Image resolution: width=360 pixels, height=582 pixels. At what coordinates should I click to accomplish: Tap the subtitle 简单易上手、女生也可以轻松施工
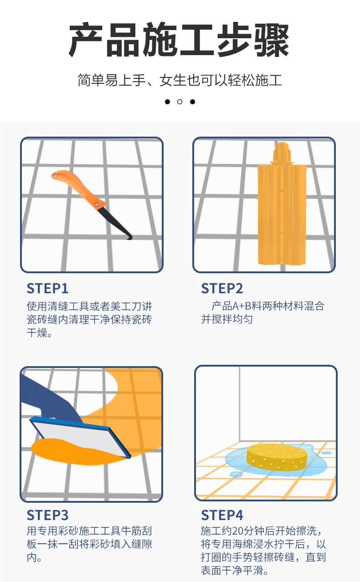(180, 80)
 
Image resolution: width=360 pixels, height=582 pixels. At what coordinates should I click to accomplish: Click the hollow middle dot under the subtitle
(180, 102)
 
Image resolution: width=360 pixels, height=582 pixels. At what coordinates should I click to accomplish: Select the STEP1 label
(47, 288)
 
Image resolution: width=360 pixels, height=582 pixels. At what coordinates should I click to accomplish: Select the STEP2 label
(222, 288)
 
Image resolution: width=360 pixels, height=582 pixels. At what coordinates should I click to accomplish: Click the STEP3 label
(47, 515)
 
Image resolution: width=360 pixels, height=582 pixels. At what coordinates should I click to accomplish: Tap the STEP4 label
(222, 515)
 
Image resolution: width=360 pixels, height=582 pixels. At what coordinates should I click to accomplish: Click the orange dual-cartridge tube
(281, 214)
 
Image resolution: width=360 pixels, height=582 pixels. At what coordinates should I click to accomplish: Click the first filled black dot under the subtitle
(167, 102)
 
